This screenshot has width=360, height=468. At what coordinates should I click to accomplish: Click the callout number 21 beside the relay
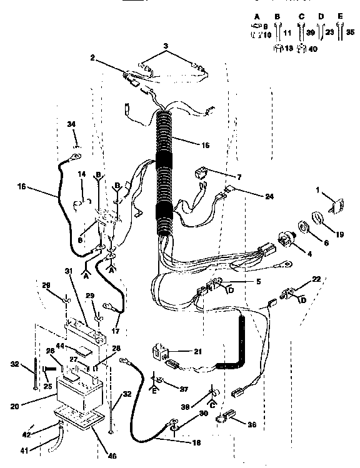pyautogui.click(x=197, y=352)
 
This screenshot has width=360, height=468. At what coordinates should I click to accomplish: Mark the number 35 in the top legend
pyautogui.click(x=350, y=31)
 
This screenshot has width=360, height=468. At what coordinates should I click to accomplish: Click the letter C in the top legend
pyautogui.click(x=301, y=16)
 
